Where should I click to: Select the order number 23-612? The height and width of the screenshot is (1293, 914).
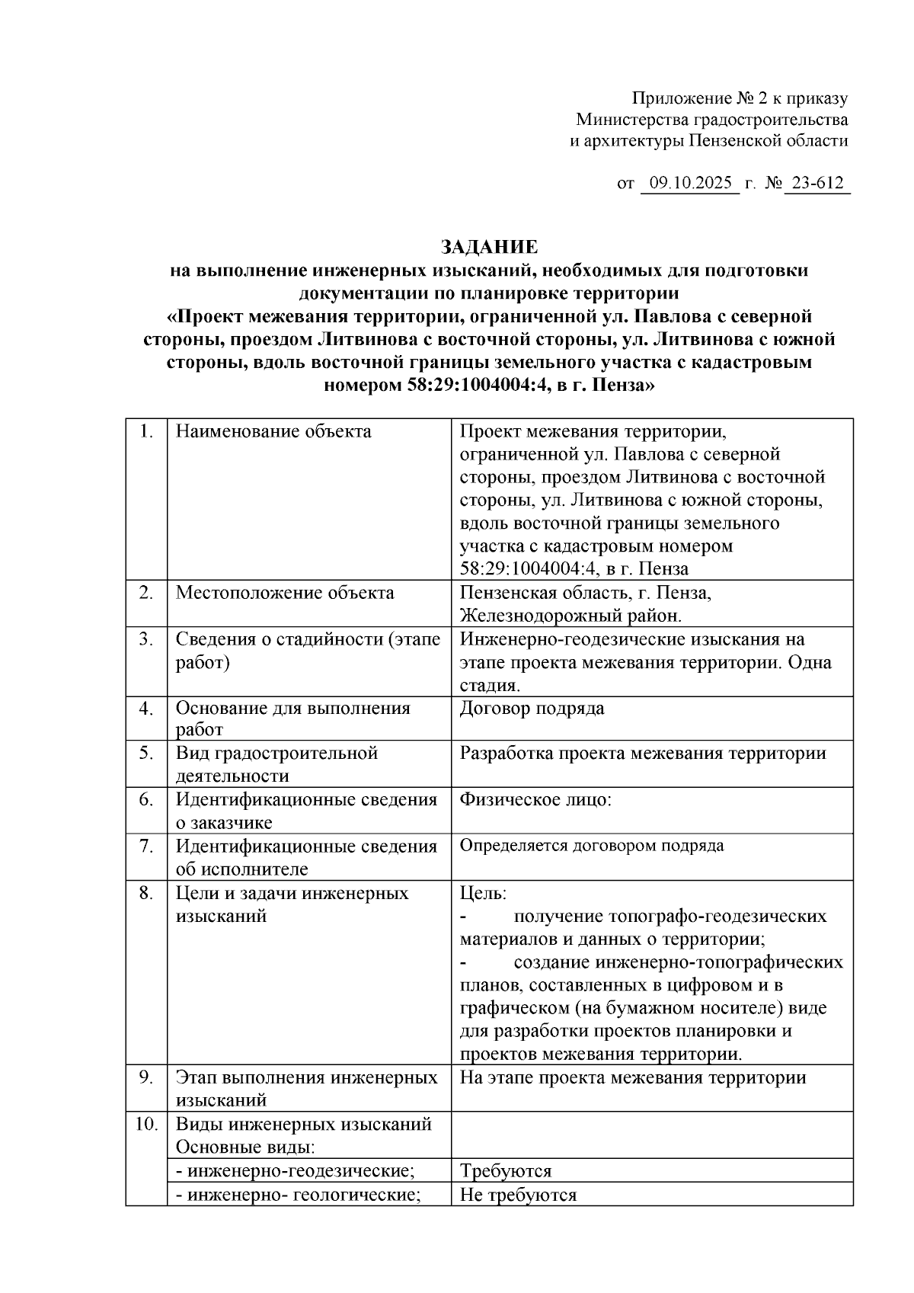[817, 184]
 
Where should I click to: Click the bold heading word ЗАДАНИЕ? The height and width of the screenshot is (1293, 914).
[489, 247]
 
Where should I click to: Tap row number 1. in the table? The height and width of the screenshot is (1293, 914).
[146, 432]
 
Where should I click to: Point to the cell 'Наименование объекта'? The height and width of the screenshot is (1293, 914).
[273, 432]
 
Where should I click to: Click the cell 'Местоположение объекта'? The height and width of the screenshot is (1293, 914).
[285, 593]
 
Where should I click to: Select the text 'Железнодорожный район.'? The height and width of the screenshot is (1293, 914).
[570, 616]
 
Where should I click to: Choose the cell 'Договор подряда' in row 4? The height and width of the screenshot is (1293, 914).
[532, 709]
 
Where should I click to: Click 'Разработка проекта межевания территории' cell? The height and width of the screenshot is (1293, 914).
[643, 754]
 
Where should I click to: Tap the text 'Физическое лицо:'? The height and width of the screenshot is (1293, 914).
[535, 800]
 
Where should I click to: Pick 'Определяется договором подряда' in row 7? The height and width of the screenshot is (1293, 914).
[592, 846]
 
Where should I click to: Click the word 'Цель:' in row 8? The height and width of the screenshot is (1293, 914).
[483, 893]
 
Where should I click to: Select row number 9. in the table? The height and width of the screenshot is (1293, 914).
[146, 1077]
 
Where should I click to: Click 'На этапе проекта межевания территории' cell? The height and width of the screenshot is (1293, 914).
[632, 1077]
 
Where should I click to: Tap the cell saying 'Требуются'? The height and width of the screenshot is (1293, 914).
[505, 1171]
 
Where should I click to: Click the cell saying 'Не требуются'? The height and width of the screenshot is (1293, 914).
[518, 1195]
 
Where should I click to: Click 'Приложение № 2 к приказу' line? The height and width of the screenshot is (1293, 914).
[740, 98]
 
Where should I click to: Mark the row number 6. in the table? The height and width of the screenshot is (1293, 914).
[146, 800]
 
